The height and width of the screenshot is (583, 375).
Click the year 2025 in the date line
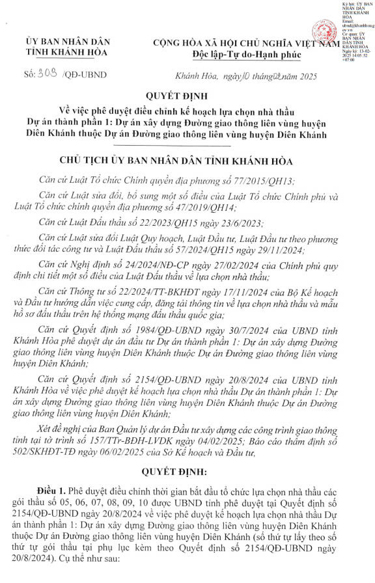pos(304,77)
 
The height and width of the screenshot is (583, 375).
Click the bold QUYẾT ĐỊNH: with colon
pos(186,468)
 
